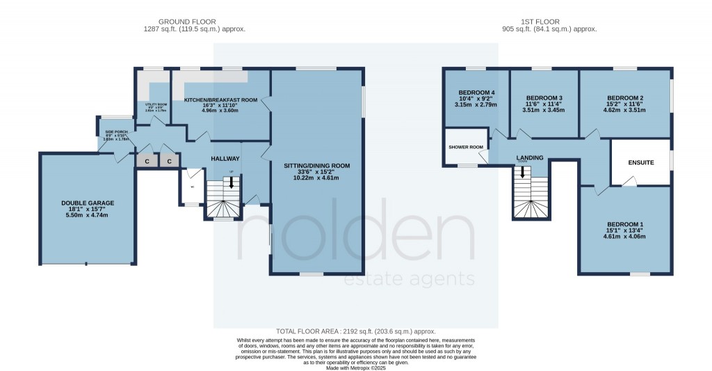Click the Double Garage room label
click(x=87, y=203)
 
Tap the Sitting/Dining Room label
click(x=316, y=166)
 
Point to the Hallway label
click(x=225, y=159)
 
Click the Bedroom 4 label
click(x=477, y=93)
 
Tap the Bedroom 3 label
click(x=544, y=97)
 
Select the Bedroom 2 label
click(x=625, y=97)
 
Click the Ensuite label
click(x=641, y=162)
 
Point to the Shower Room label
click(x=466, y=147)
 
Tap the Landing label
click(x=530, y=158)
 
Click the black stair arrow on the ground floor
click(x=232, y=182)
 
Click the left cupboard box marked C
click(x=147, y=161)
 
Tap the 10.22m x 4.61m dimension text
click(x=316, y=177)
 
